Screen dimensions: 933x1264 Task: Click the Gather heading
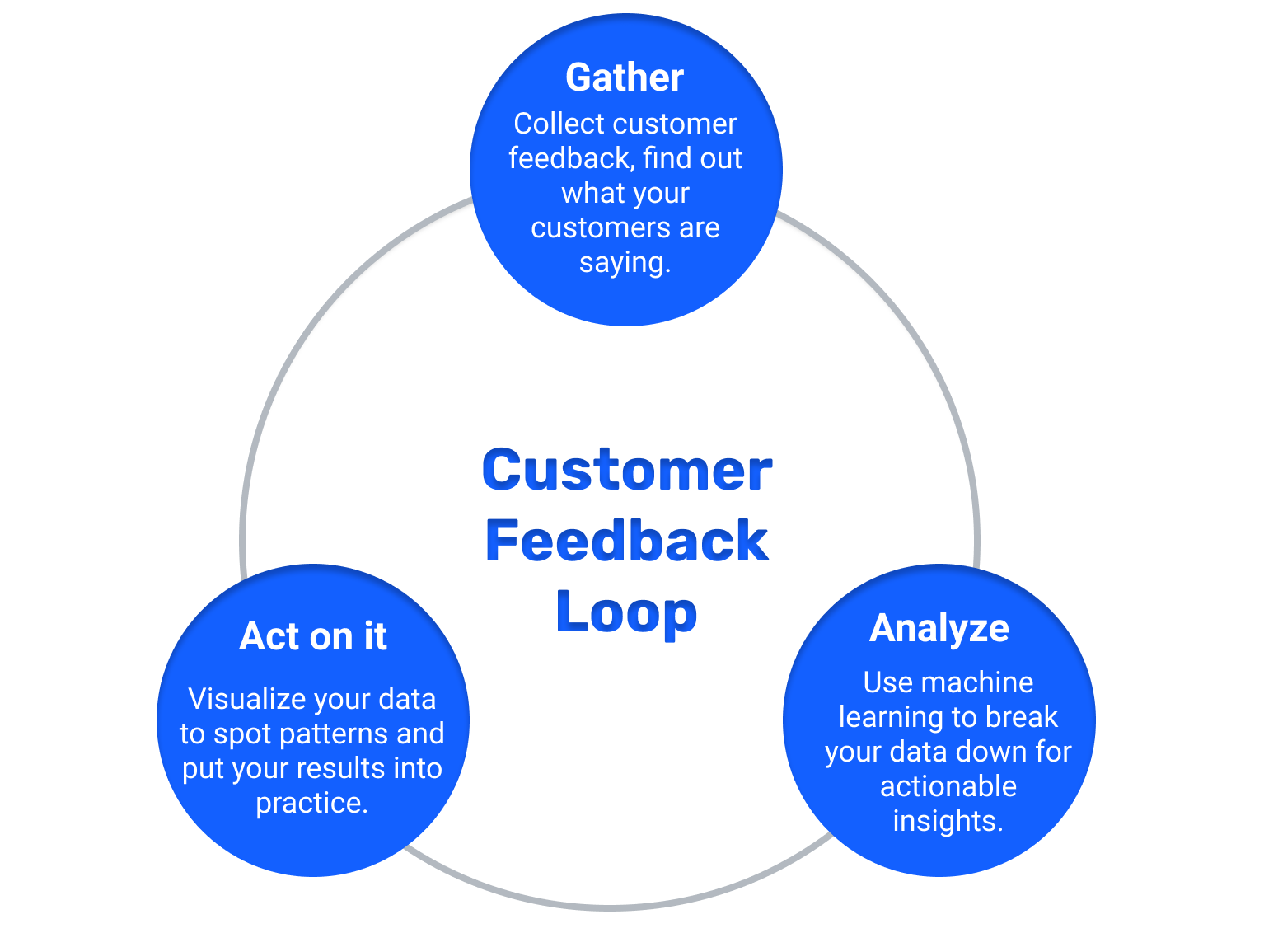625,78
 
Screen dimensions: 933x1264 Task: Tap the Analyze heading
939,629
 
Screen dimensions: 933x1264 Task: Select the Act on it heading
313,637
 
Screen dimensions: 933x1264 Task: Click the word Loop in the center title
626,612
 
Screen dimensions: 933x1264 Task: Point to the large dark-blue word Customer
627,470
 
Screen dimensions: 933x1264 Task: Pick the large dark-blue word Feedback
627,542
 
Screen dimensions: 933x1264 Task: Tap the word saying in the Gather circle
624,263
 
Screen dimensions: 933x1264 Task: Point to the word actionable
948,786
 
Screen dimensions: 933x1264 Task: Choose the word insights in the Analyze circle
948,821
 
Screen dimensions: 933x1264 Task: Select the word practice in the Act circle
311,803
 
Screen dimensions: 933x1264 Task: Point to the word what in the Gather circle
588,193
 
